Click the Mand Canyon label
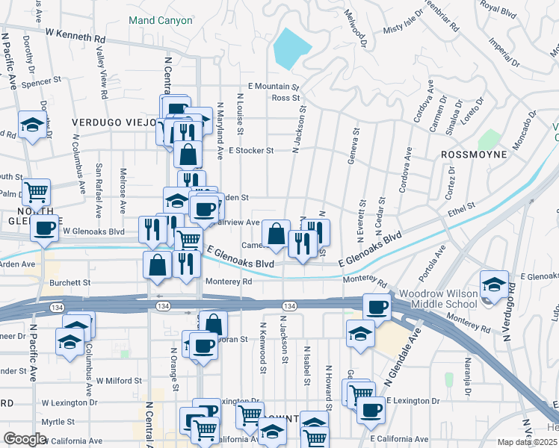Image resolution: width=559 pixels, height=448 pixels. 160,20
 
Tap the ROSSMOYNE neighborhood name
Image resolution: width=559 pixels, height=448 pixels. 473,155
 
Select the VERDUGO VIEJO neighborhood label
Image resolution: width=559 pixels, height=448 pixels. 113,122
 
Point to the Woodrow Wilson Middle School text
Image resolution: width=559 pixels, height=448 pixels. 437,299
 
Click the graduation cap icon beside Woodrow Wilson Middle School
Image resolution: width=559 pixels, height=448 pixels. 494,284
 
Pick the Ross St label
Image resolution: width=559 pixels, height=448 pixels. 285,98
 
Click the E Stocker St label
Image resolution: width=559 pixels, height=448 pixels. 251,150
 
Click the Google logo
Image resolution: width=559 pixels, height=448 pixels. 25,439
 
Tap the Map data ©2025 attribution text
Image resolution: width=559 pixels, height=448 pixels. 526,442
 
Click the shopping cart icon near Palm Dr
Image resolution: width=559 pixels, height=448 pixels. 36,192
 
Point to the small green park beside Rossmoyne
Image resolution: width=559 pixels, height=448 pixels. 489,139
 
